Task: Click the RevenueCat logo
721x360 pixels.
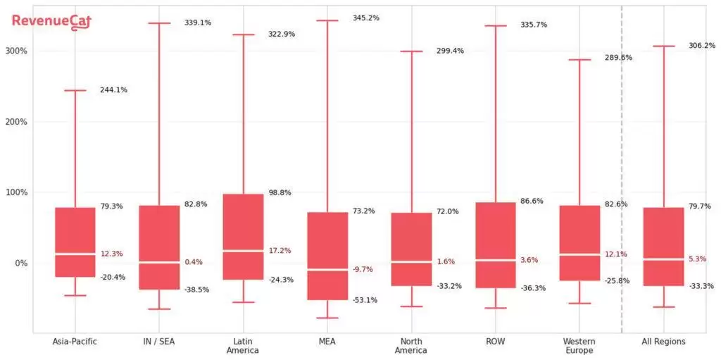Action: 51,22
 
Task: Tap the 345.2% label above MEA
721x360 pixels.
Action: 365,18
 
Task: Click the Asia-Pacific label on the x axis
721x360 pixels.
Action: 75,342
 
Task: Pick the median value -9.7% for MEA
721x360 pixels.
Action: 363,269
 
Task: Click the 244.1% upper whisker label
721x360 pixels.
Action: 113,90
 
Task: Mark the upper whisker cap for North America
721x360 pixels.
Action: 411,51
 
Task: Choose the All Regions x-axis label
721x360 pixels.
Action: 663,342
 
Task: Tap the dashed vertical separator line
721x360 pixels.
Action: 622,169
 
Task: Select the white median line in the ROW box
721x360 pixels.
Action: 496,260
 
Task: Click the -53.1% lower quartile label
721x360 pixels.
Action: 365,300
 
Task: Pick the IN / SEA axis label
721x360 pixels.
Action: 158,342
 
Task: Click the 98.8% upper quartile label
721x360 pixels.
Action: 280,192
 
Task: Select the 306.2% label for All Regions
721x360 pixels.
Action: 701,46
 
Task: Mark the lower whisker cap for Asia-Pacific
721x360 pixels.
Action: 75,295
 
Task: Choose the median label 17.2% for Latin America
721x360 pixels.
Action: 280,251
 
